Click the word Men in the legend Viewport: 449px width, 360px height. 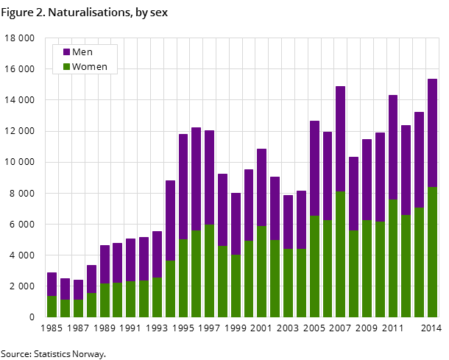click(x=82, y=52)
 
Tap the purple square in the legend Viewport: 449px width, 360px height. click(x=66, y=52)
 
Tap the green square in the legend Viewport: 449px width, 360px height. click(x=66, y=67)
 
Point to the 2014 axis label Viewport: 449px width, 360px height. click(x=431, y=328)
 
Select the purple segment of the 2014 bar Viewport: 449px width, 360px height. click(x=432, y=133)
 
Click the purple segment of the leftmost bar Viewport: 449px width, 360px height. click(x=52, y=284)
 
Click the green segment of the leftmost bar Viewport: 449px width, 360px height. click(x=52, y=306)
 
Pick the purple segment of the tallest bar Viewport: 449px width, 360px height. click(x=432, y=133)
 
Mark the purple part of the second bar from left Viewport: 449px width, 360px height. click(x=65, y=289)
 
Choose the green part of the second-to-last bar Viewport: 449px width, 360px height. click(x=419, y=262)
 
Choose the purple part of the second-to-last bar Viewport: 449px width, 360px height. click(x=419, y=159)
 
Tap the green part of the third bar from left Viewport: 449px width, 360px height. click(x=78, y=308)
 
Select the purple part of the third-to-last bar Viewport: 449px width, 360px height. click(x=406, y=170)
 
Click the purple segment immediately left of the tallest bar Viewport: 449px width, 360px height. click(x=419, y=159)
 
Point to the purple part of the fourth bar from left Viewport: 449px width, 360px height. click(x=91, y=279)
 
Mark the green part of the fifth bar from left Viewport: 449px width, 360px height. click(x=105, y=300)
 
